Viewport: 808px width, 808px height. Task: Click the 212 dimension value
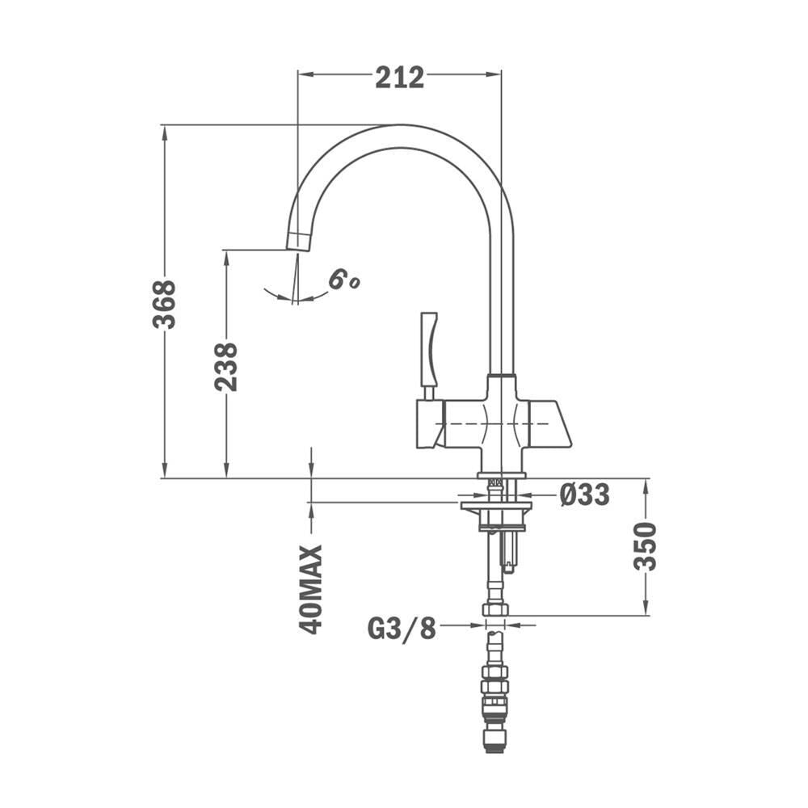tap(399, 78)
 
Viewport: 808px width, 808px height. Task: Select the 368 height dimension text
tap(164, 304)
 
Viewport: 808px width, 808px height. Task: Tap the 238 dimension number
tap(226, 367)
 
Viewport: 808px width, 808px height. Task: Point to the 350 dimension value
tap(645, 546)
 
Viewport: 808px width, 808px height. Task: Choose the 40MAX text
tap(310, 590)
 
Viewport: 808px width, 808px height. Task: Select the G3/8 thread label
tap(402, 628)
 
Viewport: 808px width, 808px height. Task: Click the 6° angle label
tap(343, 280)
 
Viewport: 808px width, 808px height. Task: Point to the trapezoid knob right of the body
tap(549, 423)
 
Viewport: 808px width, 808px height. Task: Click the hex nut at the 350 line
tap(495, 609)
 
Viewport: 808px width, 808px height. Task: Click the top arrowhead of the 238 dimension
tap(225, 257)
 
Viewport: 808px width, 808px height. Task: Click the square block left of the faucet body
tap(431, 423)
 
